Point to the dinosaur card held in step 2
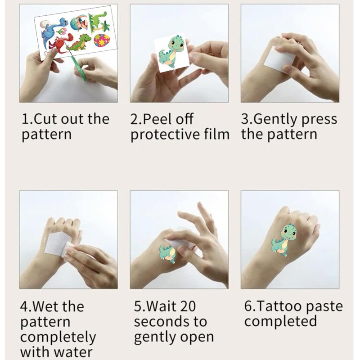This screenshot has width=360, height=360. [172, 53]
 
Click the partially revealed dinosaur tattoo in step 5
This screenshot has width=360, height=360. [167, 254]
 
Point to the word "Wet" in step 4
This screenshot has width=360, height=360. [47, 306]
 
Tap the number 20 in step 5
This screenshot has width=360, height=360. [187, 306]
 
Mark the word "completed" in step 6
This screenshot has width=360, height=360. [280, 321]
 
